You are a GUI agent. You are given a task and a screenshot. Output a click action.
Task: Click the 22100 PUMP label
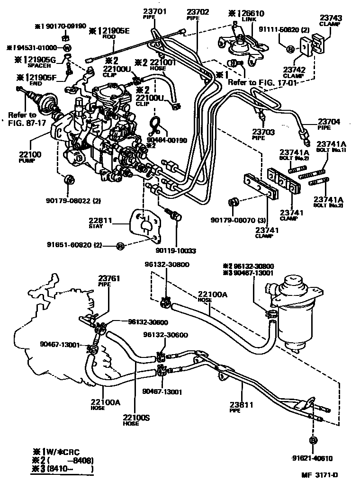coord(30,154)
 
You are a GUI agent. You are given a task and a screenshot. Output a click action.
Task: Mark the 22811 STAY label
coord(100,220)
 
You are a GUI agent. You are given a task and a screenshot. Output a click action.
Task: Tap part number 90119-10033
coord(175,250)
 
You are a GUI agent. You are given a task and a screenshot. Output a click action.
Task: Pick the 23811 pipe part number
coord(242,405)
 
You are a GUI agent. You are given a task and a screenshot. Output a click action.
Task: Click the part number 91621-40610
coord(312,458)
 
